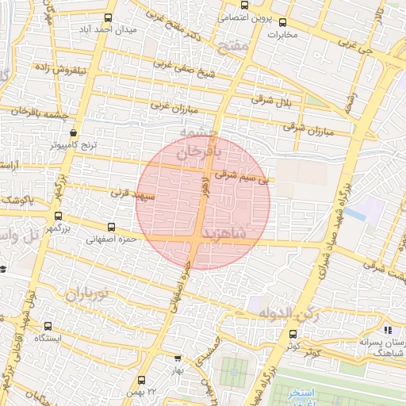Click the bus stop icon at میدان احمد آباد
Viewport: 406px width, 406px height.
point(109,17)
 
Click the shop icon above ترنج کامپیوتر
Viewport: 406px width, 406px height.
point(74,133)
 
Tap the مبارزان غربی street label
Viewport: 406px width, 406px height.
point(173,105)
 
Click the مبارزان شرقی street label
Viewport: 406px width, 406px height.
point(305,126)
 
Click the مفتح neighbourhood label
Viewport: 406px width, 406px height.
point(236,48)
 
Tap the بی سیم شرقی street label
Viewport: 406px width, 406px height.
point(243,179)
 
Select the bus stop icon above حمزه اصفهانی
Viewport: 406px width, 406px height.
point(111,227)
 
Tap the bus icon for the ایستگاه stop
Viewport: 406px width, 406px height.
point(48,325)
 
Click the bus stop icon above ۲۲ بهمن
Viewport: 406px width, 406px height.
point(142,380)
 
